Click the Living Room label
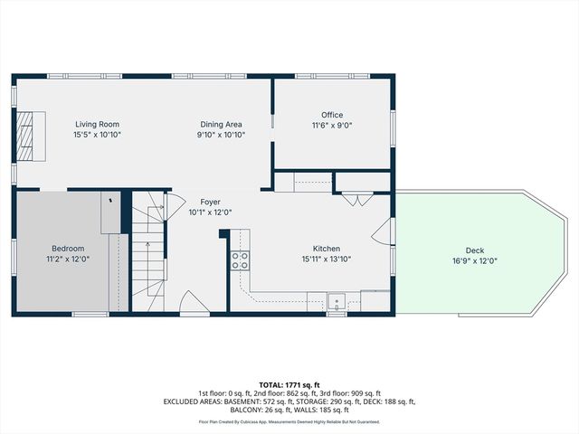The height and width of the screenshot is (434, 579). click(x=97, y=124)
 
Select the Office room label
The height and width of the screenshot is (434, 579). click(x=332, y=115)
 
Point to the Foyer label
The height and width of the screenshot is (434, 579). click(x=210, y=203)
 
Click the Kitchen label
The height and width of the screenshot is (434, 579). click(x=326, y=249)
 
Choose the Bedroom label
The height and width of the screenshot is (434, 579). click(x=68, y=249)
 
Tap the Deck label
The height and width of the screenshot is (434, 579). click(x=475, y=250)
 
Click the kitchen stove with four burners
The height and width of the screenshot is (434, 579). click(x=241, y=261)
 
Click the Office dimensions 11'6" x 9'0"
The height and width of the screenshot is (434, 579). click(x=332, y=126)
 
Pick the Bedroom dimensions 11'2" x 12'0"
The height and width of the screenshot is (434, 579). click(x=68, y=259)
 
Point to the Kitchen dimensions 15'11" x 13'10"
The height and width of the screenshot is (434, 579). click(x=326, y=259)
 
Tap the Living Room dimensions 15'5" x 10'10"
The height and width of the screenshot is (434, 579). click(x=97, y=135)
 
